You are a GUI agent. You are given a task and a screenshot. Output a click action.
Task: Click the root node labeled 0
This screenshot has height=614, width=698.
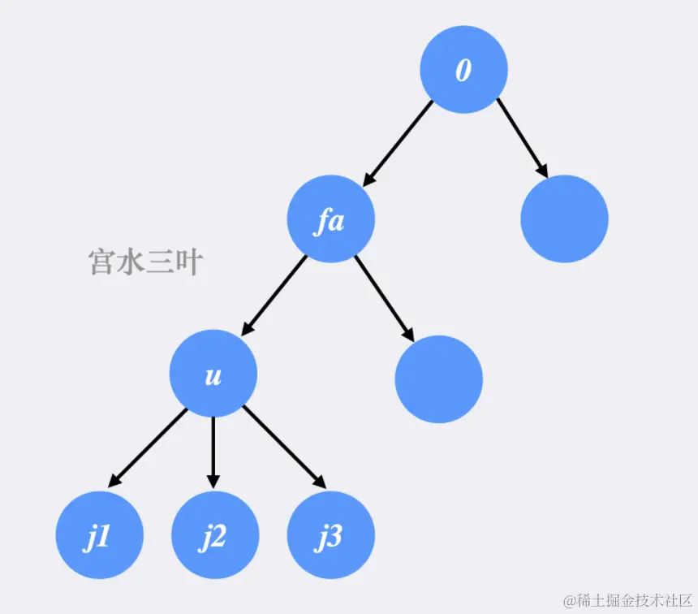point(463,70)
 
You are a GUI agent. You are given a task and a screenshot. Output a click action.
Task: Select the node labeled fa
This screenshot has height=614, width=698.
point(330,220)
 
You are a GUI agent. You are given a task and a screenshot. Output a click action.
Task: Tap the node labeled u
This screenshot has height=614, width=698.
point(213,374)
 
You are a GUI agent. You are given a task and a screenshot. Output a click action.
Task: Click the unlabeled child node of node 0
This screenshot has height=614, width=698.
point(564,218)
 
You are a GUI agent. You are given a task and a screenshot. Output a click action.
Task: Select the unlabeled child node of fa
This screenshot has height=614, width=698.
point(438,378)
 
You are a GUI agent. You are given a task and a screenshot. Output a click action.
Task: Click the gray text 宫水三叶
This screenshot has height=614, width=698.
point(144,262)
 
